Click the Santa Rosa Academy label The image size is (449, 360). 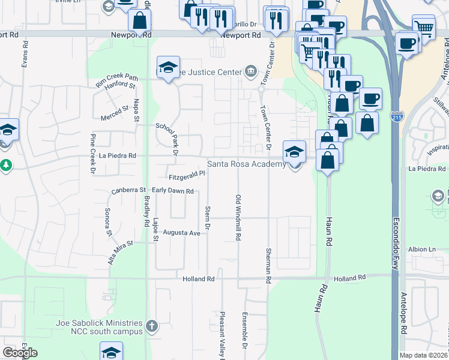pos(246,164)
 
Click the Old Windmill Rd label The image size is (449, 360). pos(238,217)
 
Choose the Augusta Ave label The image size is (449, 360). pos(181,232)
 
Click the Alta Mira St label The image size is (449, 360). pos(120,250)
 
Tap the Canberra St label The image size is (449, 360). pos(129,191)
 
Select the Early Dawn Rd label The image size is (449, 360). pos(172,191)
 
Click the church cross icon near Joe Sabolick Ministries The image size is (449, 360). pos(152,326)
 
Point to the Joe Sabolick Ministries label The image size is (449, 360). pos(99,326)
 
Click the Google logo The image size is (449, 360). pos(20,353)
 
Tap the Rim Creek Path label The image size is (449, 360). pos(116,78)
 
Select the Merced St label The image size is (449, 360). pos(115,110)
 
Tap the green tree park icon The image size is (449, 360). pos(6,164)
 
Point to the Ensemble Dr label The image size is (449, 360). pos(245,330)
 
